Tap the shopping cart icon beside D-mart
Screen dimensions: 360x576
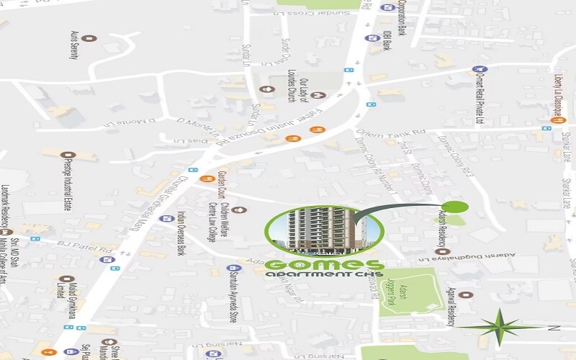475,69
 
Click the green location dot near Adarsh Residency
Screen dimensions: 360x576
459,207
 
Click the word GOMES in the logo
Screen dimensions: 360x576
324,266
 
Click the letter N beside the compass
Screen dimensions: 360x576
554,328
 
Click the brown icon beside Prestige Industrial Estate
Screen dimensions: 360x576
69,155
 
